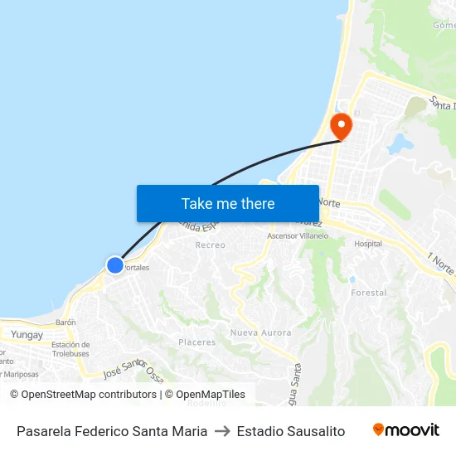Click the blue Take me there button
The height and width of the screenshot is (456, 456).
click(x=228, y=203)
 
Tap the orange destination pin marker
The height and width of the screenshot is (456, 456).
click(x=341, y=127)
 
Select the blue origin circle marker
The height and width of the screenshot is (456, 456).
click(x=114, y=265)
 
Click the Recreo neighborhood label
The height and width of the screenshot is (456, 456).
click(x=210, y=245)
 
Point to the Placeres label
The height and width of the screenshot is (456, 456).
click(x=196, y=342)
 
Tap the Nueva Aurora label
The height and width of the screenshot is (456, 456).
click(x=260, y=332)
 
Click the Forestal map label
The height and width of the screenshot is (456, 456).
click(x=368, y=293)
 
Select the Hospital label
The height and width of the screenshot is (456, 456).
click(x=368, y=244)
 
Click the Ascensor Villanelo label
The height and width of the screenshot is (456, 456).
click(x=298, y=236)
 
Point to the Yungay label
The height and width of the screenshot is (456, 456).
click(x=27, y=334)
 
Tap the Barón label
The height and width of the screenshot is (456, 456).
click(x=65, y=322)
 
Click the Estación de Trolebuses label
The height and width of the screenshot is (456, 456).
click(x=70, y=349)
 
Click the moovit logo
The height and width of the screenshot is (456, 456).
click(x=405, y=430)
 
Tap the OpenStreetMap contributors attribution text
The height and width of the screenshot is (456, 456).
click(x=88, y=395)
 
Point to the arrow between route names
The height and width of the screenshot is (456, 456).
click(x=221, y=431)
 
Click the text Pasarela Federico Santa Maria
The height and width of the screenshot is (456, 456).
click(x=112, y=431)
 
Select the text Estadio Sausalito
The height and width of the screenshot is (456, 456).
click(x=290, y=431)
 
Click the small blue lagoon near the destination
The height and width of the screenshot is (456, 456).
click(x=399, y=143)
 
